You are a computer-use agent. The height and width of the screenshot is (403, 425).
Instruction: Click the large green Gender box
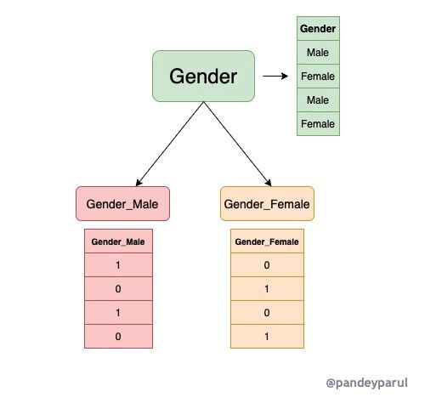pos(203,76)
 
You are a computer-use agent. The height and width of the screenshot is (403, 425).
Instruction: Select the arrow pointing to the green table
pos(275,76)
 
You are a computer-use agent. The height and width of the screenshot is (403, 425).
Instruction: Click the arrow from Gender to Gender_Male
pos(170,144)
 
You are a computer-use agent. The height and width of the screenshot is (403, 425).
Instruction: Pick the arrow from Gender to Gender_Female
pos(237,144)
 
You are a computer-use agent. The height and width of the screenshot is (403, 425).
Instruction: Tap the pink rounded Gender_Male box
pos(122,203)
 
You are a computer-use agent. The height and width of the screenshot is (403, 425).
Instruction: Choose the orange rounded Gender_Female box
pos(267,203)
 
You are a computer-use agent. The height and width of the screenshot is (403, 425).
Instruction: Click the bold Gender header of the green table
pos(318,28)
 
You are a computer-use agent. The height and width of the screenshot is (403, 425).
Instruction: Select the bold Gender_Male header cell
pos(118,241)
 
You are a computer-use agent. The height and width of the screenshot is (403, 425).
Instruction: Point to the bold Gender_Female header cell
pos(267,241)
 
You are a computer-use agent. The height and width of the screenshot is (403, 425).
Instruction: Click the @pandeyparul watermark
pos(367,383)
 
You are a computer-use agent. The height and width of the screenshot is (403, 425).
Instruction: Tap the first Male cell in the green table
pos(318,52)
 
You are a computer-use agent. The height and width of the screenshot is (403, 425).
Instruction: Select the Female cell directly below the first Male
pos(318,77)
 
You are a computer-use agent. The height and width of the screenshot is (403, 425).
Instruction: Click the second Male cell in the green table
pos(318,100)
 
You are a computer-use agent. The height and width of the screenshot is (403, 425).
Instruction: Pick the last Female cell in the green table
pos(318,124)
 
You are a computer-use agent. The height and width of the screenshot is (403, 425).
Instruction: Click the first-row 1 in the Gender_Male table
pos(118,265)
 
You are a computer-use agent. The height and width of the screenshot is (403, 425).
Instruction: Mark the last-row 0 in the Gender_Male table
pos(118,337)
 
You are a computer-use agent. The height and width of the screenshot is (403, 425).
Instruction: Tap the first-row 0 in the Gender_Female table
pos(267,265)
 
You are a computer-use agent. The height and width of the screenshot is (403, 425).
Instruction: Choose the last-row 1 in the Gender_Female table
pos(267,337)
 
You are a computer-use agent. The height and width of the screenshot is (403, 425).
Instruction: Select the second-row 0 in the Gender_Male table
pos(118,289)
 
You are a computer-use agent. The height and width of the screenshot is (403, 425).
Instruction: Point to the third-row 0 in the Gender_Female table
pos(267,313)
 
